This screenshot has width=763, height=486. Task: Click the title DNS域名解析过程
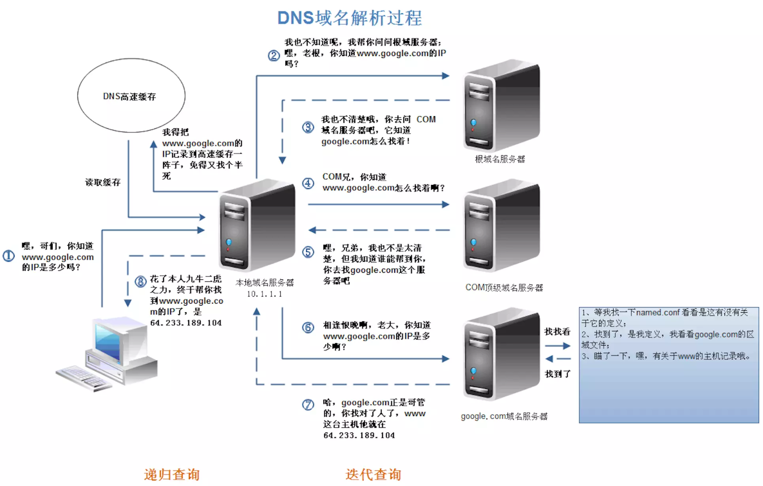coord(349,18)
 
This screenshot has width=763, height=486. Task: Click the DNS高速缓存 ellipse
coord(131,95)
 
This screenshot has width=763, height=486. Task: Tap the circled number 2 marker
coord(274,56)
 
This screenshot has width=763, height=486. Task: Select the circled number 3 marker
coord(308,127)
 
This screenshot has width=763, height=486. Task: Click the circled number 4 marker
coord(308,183)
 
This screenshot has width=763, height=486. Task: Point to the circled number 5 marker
coord(308,252)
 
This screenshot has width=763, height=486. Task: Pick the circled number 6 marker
coord(308,327)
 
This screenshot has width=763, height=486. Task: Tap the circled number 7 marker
coord(308,405)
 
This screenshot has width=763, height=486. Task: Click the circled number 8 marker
coord(141,282)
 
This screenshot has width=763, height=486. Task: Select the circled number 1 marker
coord(9,256)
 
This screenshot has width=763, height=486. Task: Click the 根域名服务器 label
coord(499,159)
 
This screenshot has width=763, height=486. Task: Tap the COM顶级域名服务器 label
coord(504,287)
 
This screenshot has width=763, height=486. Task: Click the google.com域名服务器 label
coord(504,416)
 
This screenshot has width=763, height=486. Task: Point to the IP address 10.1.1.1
coord(264,294)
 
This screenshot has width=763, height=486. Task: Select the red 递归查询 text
coord(172,474)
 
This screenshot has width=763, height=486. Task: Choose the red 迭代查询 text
coord(373,474)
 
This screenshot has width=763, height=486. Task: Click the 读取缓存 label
coord(103,182)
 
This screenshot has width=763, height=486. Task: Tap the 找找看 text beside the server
coord(557,332)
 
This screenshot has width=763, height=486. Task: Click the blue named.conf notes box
coord(668,365)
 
